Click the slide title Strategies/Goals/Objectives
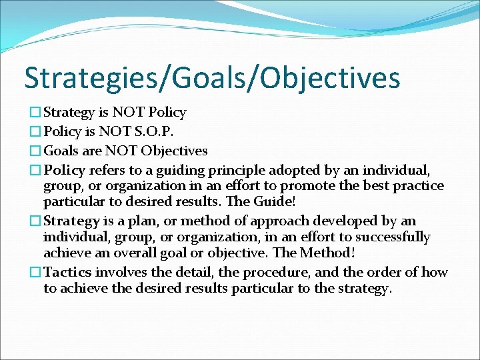tap(212, 77)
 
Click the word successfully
tap(393, 237)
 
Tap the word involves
tap(120, 272)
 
